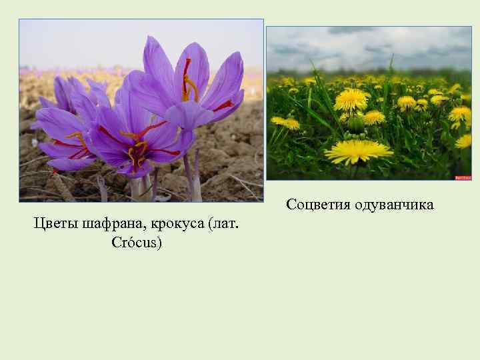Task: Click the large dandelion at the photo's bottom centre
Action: (x=358, y=151)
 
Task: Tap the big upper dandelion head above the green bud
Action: (x=351, y=99)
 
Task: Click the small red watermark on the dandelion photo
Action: (x=463, y=177)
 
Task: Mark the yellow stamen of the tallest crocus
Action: (x=191, y=87)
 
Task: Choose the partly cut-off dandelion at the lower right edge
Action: (x=464, y=141)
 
